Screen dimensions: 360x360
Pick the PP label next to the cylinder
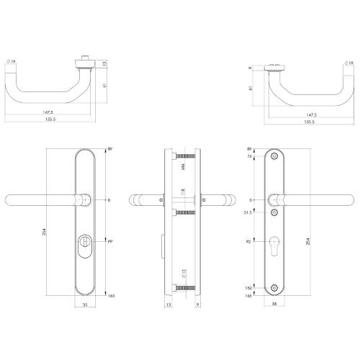(x=109, y=243)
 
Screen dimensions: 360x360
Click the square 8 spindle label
(x=184, y=192)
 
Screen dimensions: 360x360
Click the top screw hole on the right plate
(x=275, y=157)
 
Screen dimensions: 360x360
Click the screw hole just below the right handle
(x=275, y=213)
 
